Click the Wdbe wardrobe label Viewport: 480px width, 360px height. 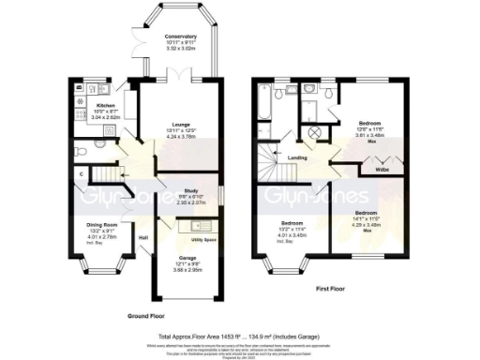coord(383,170)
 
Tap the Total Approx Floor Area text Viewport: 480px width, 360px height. coord(240,334)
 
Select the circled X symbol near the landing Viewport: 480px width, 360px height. coord(316,133)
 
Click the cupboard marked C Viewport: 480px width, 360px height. coord(82,173)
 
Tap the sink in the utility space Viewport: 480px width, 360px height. coord(199,227)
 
